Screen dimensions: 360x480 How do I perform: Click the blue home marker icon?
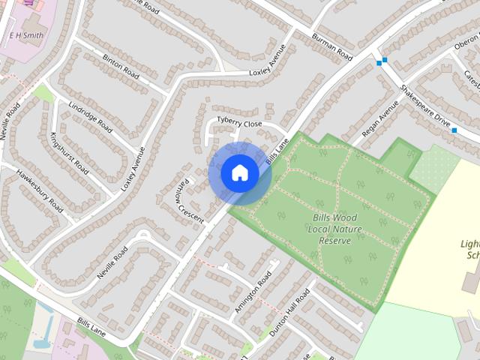click(239, 173)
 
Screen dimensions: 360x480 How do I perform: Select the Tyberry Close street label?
click(239, 123)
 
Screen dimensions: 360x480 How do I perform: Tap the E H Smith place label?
click(26, 34)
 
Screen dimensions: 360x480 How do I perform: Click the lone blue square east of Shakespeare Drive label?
click(454, 130)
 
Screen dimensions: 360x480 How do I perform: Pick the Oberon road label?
click(466, 46)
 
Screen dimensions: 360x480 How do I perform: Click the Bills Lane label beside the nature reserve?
click(277, 151)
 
